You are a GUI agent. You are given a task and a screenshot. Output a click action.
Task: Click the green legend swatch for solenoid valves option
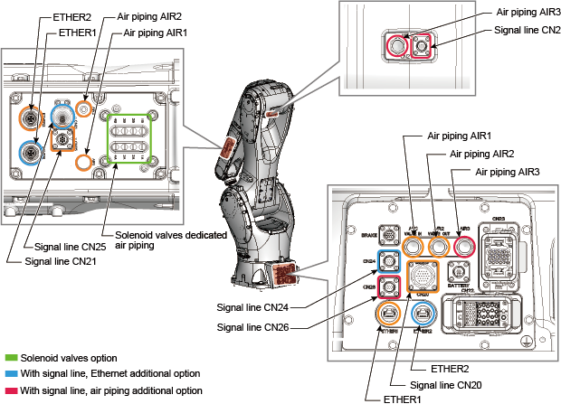12,358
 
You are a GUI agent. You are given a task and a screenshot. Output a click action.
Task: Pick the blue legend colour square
12,374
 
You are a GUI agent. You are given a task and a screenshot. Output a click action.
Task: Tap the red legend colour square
12,390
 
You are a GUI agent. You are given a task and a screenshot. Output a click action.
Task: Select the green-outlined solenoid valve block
128,139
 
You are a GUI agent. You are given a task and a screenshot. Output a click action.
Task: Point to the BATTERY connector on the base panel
457,272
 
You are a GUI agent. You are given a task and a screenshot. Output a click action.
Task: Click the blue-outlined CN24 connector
390,263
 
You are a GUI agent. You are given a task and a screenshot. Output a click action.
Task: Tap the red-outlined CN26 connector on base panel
390,287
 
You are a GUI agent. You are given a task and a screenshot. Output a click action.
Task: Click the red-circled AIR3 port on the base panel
466,245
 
